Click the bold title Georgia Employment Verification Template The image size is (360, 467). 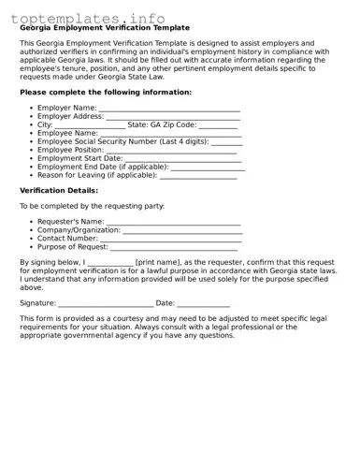click(x=104, y=28)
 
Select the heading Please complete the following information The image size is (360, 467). click(x=106, y=93)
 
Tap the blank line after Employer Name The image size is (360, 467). click(x=169, y=109)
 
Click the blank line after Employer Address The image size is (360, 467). click(x=173, y=117)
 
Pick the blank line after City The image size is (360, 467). click(x=90, y=125)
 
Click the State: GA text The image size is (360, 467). click(x=149, y=124)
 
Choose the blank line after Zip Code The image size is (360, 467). click(x=218, y=125)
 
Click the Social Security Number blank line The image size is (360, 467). click(x=226, y=142)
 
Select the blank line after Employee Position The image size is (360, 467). click(x=171, y=151)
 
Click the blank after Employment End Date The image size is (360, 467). click(x=208, y=168)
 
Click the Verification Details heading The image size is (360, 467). click(x=59, y=190)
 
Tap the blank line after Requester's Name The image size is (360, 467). click(x=174, y=223)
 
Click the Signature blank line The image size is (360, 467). click(x=106, y=304)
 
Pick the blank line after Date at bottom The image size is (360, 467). click(x=203, y=304)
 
